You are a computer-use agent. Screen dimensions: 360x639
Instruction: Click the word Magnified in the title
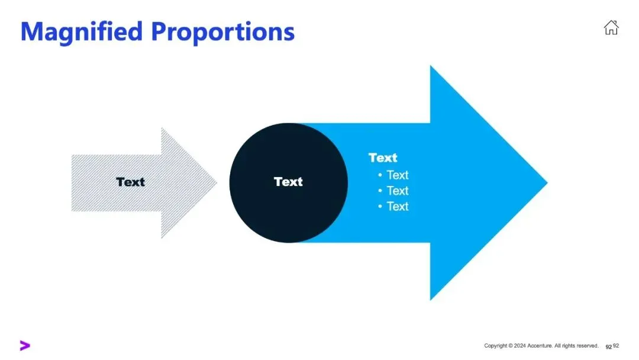click(82, 31)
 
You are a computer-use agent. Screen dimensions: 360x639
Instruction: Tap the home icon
click(611, 27)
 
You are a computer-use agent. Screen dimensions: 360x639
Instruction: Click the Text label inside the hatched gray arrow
click(130, 182)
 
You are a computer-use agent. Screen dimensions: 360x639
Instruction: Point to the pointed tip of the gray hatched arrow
click(216, 183)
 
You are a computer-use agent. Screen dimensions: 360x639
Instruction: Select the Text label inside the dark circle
click(288, 182)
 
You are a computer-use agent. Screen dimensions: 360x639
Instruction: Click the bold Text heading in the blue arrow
click(383, 157)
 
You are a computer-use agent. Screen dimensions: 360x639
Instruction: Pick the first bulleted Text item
click(397, 175)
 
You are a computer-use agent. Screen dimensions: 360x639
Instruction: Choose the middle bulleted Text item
click(397, 191)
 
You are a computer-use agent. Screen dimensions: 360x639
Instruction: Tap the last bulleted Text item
click(397, 206)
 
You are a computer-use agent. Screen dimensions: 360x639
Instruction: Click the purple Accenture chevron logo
click(25, 346)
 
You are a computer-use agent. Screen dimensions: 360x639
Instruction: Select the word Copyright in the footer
click(496, 346)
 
